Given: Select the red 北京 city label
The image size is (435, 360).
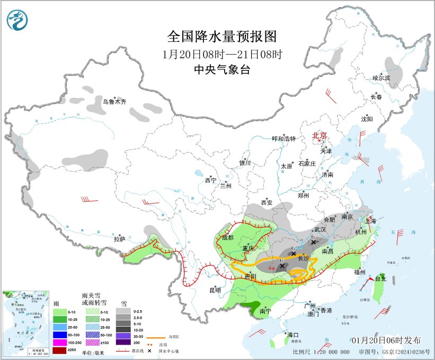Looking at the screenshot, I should pyautogui.click(x=319, y=135).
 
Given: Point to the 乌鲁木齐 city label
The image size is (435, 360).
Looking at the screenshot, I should pyautogui.click(x=114, y=101).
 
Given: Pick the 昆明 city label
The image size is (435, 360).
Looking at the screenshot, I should pyautogui.click(x=215, y=290).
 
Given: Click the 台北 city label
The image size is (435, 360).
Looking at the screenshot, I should pyautogui.click(x=380, y=278).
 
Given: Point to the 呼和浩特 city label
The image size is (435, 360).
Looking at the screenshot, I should pyautogui.click(x=283, y=138).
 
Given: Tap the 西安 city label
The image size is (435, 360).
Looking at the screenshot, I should pyautogui.click(x=267, y=203).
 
